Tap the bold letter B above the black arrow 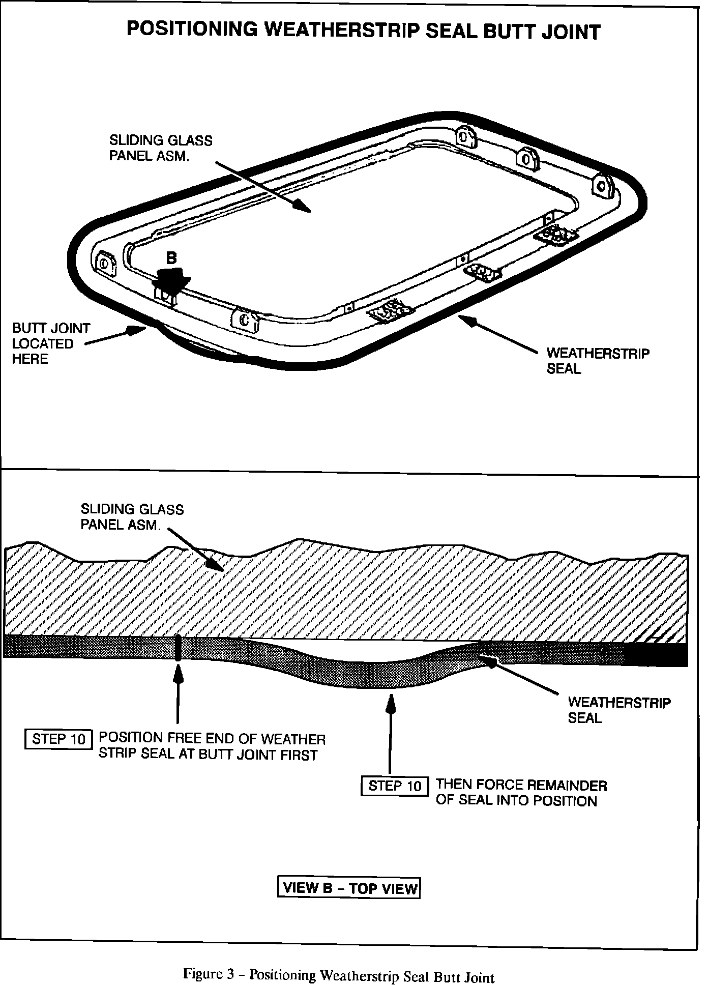[172, 258]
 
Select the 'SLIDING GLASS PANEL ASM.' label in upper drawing [161, 148]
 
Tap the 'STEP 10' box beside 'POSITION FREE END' [58, 739]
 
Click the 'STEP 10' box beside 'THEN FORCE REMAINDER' [395, 786]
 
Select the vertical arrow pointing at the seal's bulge [390, 733]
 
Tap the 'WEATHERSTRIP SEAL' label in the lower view [618, 710]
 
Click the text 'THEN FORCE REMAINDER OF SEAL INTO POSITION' [521, 793]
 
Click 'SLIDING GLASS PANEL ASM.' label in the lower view [132, 516]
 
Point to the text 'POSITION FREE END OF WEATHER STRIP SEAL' [212, 746]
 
